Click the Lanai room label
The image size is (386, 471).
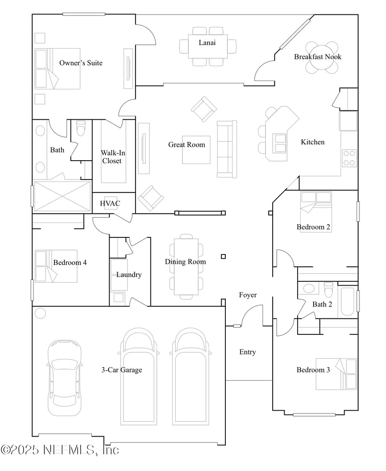point(207,42)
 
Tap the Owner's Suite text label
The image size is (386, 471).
point(81,63)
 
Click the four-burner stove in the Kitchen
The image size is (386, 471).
point(349,158)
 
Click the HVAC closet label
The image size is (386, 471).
point(110,203)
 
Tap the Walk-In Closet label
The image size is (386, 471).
point(112,157)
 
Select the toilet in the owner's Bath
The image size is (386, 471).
point(81,128)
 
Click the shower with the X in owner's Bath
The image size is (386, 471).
point(62,196)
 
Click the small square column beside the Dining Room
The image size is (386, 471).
point(223,256)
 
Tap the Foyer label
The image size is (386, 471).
point(248,295)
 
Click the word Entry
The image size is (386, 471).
point(248,352)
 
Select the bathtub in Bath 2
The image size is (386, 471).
point(347,302)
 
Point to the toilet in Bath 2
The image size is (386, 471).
point(329,289)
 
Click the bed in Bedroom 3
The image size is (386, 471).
point(336,374)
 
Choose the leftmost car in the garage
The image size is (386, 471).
point(65,378)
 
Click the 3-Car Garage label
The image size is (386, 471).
point(122,370)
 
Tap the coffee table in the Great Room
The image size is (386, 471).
point(196,150)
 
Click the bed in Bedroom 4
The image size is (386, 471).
point(56,266)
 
